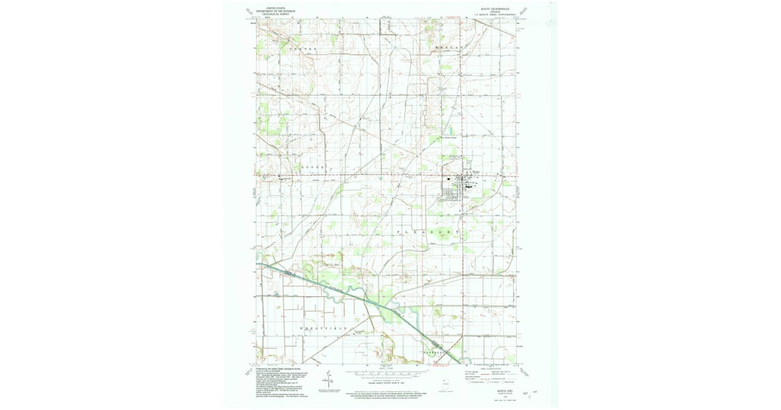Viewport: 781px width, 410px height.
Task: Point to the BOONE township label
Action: pos(312,167)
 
